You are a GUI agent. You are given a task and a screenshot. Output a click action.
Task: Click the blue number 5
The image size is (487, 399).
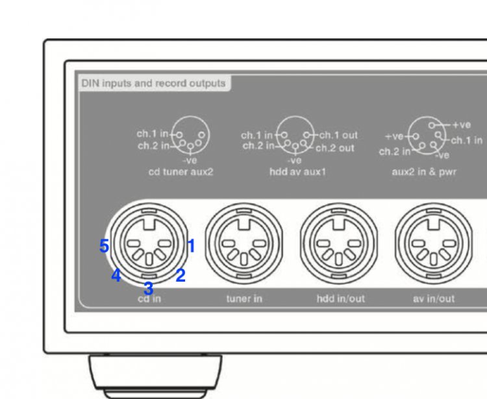tap(104, 246)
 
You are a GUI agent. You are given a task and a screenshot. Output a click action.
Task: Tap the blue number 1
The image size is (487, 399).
tap(191, 246)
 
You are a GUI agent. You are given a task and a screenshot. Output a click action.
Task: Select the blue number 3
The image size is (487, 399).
tap(149, 289)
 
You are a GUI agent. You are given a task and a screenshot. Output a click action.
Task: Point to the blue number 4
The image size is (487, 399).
tap(116, 275)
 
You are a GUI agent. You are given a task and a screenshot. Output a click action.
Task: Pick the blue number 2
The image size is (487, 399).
tap(181, 275)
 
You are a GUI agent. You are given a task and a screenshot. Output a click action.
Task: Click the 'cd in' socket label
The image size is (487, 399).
tap(149, 298)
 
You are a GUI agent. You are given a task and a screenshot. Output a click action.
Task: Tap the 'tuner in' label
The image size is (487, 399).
tap(244, 298)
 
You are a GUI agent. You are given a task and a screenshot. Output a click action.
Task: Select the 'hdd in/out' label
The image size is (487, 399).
tap(341, 298)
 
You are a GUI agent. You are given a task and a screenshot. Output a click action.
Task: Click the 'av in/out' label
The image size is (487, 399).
tap(434, 298)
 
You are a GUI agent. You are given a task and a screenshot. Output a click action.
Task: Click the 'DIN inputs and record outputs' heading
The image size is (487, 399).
tap(153, 84)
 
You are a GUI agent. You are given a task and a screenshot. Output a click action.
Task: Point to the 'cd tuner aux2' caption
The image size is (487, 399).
tap(181, 172)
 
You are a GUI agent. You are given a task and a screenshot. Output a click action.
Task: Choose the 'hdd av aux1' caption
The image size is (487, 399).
tap(297, 172)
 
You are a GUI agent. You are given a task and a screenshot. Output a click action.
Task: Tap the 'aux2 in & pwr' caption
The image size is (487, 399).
tap(424, 172)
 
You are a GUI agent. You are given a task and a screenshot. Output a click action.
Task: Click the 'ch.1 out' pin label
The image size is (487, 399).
tap(338, 136)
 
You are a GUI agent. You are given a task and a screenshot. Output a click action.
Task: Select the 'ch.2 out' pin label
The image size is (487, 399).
tap(335, 148)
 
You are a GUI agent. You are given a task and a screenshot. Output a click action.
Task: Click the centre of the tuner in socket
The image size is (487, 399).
tap(244, 244)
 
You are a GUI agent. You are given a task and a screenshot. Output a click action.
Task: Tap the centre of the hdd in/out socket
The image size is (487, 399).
tap(339, 244)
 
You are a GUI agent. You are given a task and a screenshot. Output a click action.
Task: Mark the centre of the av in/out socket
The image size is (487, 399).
tap(434, 244)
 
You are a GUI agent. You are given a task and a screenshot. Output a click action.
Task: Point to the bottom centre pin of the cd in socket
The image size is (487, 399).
tap(149, 260)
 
